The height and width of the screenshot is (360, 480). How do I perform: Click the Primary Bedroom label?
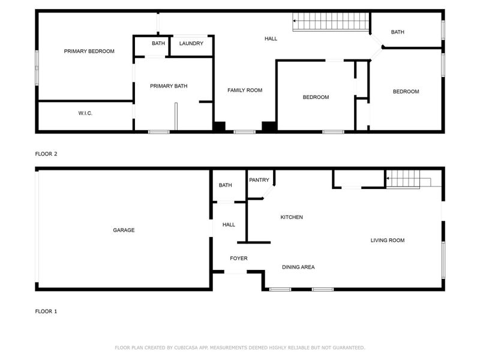[x=89, y=52]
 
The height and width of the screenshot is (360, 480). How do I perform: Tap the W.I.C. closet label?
[x=85, y=113]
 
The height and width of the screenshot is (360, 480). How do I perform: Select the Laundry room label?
[x=191, y=44]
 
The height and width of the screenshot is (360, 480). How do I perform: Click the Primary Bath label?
[x=169, y=86]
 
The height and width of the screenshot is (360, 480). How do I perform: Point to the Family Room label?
[x=245, y=91]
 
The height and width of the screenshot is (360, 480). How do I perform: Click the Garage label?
[x=124, y=230]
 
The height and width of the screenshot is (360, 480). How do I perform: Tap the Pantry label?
[x=259, y=180]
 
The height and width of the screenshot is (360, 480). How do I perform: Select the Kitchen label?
[x=292, y=217]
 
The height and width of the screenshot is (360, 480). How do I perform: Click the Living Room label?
[x=387, y=241]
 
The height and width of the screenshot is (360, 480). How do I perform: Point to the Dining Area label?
[x=298, y=268]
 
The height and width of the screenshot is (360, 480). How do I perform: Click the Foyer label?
[x=239, y=259]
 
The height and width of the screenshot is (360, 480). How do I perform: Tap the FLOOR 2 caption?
[x=46, y=154]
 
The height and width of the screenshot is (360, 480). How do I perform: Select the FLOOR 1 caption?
[x=46, y=311]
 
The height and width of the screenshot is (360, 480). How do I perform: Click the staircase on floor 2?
[x=329, y=23]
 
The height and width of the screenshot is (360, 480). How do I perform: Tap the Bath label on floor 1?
[x=225, y=185]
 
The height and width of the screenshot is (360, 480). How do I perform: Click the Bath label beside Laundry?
[x=158, y=44]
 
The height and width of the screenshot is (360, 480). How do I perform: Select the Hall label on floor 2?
[x=271, y=39]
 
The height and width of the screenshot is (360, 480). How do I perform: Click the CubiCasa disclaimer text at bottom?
[x=239, y=347]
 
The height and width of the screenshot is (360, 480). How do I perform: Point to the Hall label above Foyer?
[x=229, y=225]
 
